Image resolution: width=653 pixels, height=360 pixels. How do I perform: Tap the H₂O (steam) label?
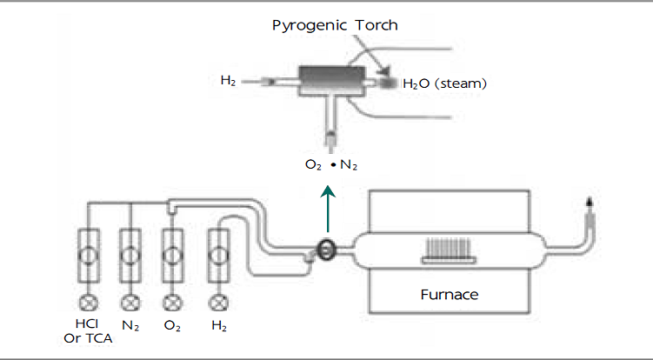tap(443, 84)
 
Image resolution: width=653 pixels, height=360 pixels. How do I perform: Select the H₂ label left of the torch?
tap(228, 81)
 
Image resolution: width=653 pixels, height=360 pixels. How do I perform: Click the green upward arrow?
tap(327, 206)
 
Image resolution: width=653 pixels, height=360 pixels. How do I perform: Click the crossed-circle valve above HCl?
tap(88, 303)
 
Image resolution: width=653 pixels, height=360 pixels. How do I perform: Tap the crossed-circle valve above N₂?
tap(130, 303)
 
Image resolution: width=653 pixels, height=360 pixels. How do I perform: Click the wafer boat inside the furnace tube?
tap(449, 252)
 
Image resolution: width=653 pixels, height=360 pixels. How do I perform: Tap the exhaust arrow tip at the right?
tap(590, 201)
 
